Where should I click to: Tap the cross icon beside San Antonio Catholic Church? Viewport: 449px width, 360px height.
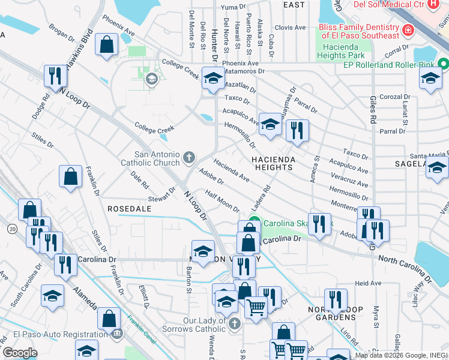(189, 158)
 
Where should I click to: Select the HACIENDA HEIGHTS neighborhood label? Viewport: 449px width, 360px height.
(273, 163)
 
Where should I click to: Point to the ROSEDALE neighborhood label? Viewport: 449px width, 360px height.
(127, 208)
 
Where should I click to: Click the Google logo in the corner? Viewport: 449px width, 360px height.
(19, 353)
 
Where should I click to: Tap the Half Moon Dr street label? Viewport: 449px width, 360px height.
(222, 201)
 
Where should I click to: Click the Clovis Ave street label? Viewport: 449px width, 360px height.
(291, 28)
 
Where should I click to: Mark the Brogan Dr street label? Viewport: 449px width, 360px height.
(62, 31)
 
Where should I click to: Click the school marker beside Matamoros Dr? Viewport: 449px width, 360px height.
(212, 78)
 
